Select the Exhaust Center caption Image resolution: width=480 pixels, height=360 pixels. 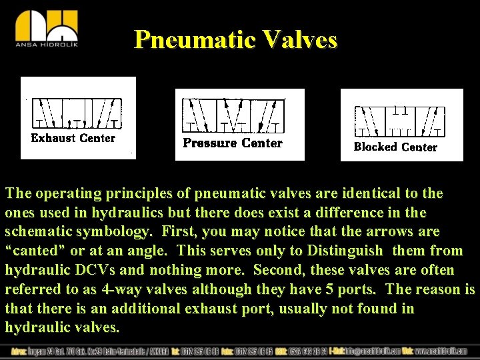(x=73, y=138)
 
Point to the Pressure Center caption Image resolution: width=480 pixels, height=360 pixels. (x=233, y=143)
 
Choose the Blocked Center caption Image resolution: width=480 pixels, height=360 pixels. (x=395, y=147)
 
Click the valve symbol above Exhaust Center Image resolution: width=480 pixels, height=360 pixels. (x=77, y=113)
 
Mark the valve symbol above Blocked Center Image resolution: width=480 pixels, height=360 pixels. (x=400, y=121)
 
